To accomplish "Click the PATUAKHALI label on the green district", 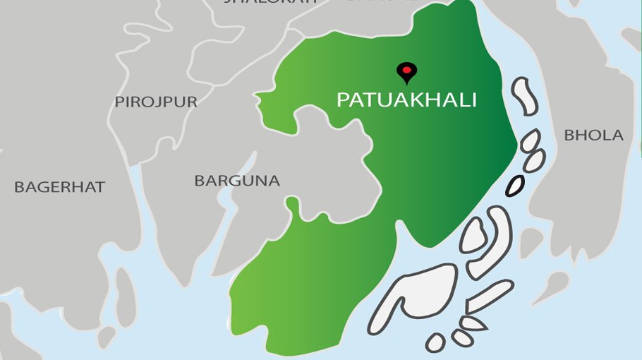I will (x=406, y=100).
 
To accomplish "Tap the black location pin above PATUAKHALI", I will (x=406, y=71).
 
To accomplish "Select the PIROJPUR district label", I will (x=156, y=102).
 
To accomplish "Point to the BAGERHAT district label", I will (x=59, y=187).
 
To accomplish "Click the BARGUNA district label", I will (x=237, y=181).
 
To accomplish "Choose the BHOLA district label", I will (x=593, y=135).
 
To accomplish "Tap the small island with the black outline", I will (x=515, y=186).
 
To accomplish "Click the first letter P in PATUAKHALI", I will (x=342, y=100).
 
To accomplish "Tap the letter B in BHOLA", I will (x=569, y=135).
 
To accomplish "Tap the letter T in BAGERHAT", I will (x=100, y=187).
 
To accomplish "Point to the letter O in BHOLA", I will (x=595, y=135).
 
